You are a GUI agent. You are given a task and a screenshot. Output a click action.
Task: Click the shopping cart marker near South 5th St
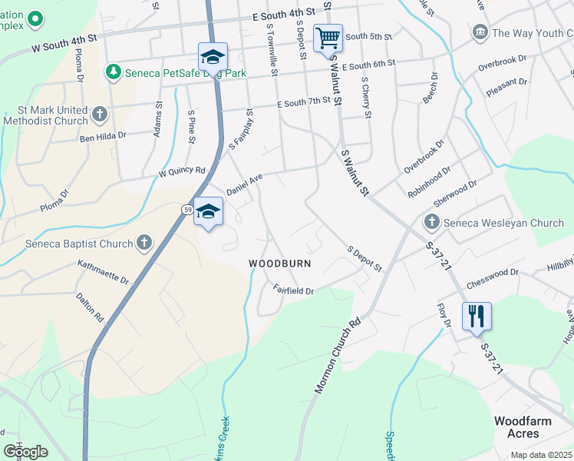pos(328,38)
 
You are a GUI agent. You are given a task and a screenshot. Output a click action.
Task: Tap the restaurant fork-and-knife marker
pos(476,316)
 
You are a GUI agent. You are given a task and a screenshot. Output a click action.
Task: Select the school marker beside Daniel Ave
pos(208,211)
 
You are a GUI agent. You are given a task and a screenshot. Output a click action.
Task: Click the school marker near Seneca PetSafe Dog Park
pos(213,57)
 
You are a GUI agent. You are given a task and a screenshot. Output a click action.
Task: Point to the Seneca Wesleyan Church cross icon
pos(431,223)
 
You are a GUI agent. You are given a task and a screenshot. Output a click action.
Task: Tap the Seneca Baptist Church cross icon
pos(143,244)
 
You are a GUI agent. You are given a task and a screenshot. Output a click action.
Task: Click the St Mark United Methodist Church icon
pos(99,115)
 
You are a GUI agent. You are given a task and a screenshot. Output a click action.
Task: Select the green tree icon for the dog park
pos(114,71)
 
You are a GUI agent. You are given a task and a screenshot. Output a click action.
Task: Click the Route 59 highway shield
pos(187,210)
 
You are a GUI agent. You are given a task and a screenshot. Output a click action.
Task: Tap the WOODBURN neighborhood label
pos(279,264)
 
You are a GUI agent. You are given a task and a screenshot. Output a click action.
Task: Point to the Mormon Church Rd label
pos(338,357)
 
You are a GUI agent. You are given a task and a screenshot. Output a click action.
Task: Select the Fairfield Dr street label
pos(294,290)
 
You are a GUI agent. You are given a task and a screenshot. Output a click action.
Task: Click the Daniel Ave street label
pos(244,184)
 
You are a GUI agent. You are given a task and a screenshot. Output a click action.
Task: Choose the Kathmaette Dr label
pos(103,271)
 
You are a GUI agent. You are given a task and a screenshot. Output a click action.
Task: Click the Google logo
pos(25,452)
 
